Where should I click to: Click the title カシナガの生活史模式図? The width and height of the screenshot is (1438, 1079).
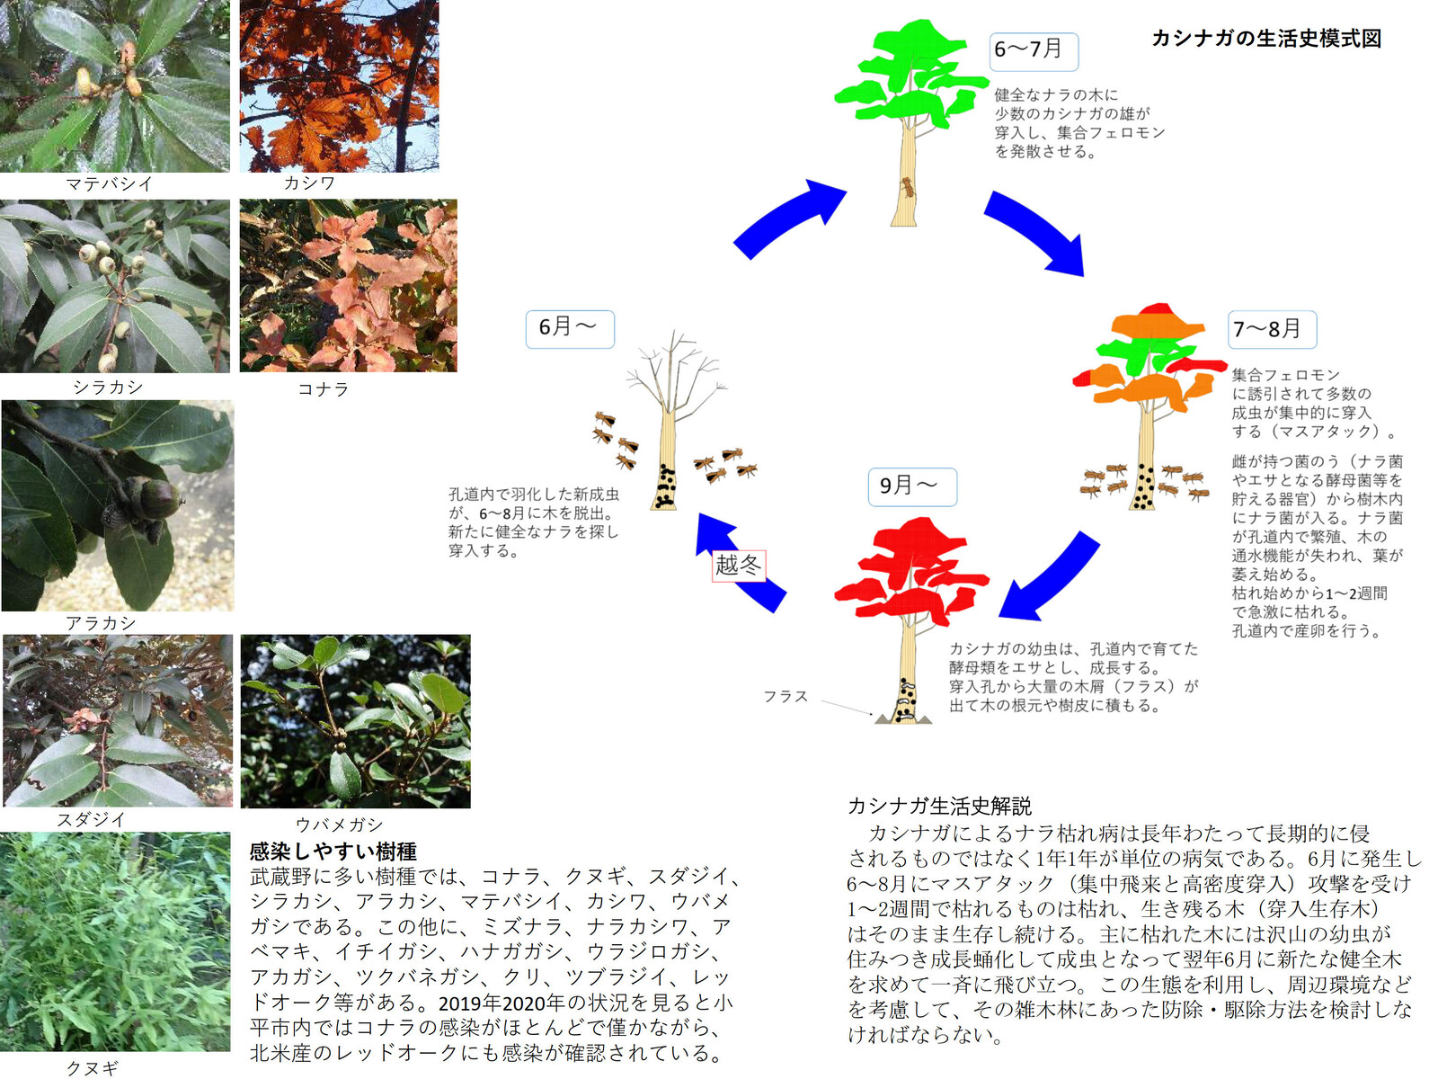(1265, 39)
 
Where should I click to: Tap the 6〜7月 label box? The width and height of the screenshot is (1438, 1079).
(1033, 50)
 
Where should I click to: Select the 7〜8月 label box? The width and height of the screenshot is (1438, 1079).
(1271, 329)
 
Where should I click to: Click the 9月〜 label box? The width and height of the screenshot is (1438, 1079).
(911, 486)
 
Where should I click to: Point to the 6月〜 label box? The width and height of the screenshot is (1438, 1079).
(570, 328)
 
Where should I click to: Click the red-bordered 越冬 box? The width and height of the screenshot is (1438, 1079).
(739, 566)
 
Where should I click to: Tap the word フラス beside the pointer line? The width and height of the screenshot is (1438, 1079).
(786, 697)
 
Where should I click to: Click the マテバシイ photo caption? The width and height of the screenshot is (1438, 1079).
(110, 184)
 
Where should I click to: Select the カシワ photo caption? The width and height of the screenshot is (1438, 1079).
(310, 183)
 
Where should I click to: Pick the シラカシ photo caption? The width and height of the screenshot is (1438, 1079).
(108, 388)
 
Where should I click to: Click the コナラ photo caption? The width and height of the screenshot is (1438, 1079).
(323, 389)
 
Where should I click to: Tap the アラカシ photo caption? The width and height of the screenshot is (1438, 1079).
(101, 623)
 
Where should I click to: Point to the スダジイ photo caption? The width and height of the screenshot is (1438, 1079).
(92, 819)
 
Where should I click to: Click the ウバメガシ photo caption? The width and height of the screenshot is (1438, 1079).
(339, 825)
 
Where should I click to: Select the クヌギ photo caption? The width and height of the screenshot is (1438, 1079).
(93, 1068)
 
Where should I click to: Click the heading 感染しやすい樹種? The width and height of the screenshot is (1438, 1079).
(333, 851)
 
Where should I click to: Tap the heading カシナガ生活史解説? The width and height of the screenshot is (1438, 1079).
(939, 806)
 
